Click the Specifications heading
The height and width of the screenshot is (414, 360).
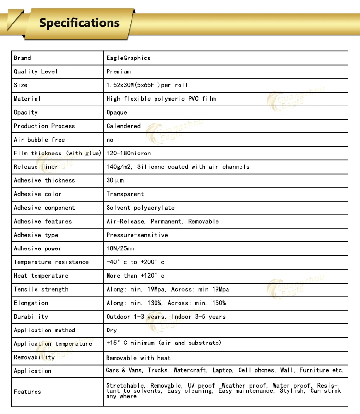pyautogui.click(x=79, y=23)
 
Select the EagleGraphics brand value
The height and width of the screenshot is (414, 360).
pyautogui.click(x=129, y=58)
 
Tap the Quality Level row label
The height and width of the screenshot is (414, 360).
pyautogui.click(x=36, y=71)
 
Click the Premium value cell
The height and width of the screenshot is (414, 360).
pyautogui.click(x=119, y=71)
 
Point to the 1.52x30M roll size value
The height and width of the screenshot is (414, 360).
pyautogui.click(x=147, y=85)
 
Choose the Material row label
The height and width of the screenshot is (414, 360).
pyautogui.click(x=27, y=99)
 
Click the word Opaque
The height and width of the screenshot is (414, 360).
pyautogui.click(x=117, y=112)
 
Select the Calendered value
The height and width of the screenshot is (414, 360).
pyautogui.click(x=123, y=126)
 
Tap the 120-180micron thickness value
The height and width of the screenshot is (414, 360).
pyautogui.click(x=129, y=153)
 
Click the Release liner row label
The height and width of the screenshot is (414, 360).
pyautogui.click(x=36, y=167)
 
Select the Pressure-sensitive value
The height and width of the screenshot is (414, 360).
pyautogui.click(x=137, y=235)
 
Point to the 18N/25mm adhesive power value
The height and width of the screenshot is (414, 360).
pyautogui.click(x=120, y=248)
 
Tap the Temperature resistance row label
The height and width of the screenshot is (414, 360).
pyautogui.click(x=51, y=262)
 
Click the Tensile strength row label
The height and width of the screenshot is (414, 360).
pyautogui.click(x=41, y=289)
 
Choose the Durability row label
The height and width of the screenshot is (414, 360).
pyautogui.click(x=31, y=317)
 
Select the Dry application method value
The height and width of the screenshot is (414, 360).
pyautogui.click(x=111, y=330)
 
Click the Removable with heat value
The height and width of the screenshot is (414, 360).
pyautogui.click(x=138, y=358)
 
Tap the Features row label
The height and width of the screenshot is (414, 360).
pyautogui.click(x=27, y=392)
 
